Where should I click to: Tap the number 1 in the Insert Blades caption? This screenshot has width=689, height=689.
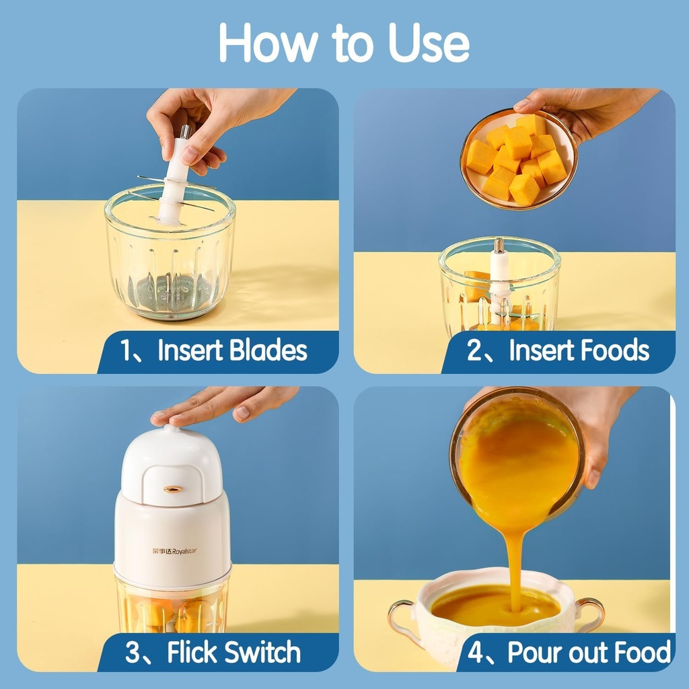[x=128, y=351]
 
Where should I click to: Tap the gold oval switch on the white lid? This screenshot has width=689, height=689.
[x=173, y=489]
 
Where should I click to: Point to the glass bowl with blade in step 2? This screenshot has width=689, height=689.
[x=499, y=286]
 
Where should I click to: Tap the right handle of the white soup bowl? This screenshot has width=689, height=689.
[x=592, y=612]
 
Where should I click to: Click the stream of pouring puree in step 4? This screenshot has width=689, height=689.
[x=515, y=558]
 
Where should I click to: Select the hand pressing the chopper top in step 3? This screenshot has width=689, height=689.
[x=222, y=404]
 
